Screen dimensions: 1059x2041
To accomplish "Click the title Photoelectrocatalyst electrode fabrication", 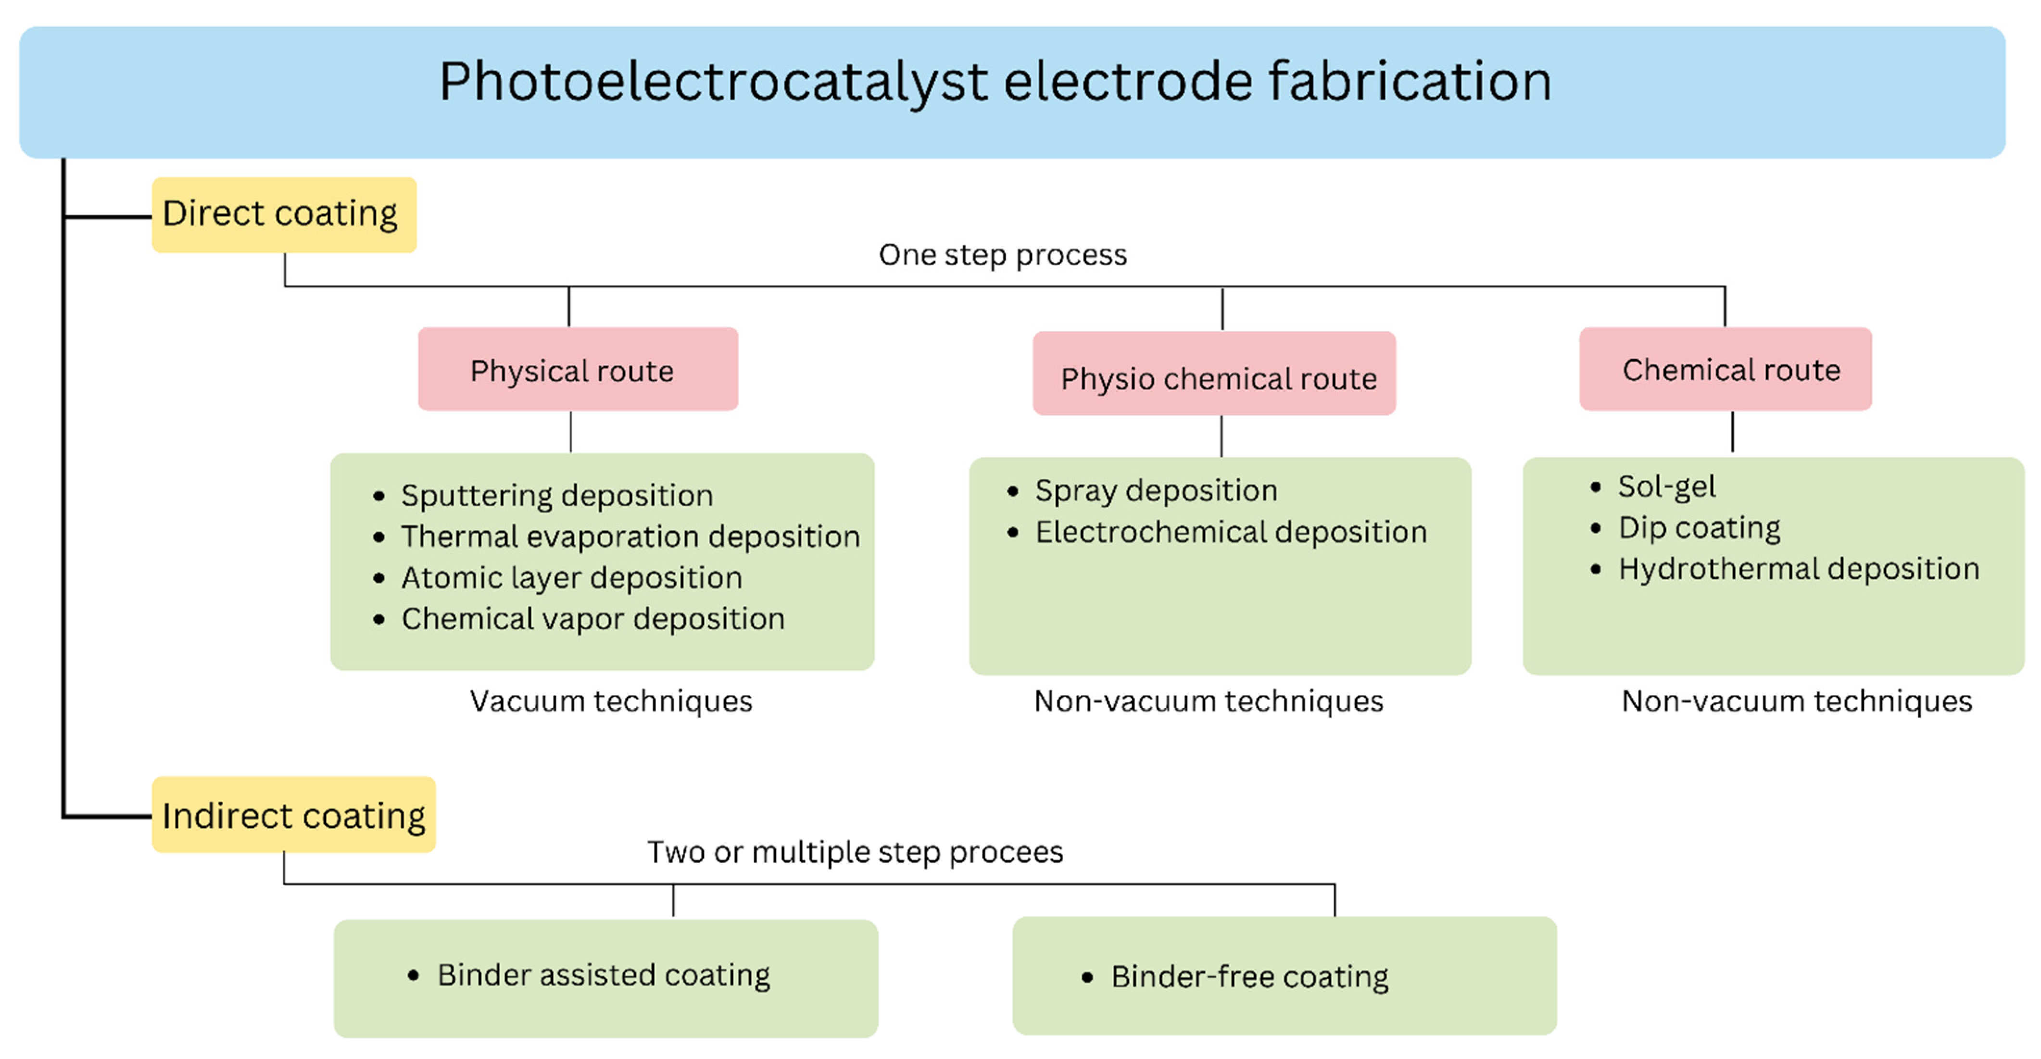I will point(995,82).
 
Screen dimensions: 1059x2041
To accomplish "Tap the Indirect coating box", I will point(293,815).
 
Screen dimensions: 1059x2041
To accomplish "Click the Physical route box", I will point(578,370).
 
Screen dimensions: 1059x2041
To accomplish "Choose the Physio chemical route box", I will point(1214,374).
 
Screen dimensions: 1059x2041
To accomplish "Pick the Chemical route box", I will point(1726,370).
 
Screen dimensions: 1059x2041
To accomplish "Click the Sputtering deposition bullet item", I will point(556,496).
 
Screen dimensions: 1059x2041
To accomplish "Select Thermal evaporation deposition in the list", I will point(630,537).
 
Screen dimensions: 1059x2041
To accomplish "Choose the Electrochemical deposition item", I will point(1231,532).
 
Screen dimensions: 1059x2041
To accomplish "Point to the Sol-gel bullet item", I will point(1666,487).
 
